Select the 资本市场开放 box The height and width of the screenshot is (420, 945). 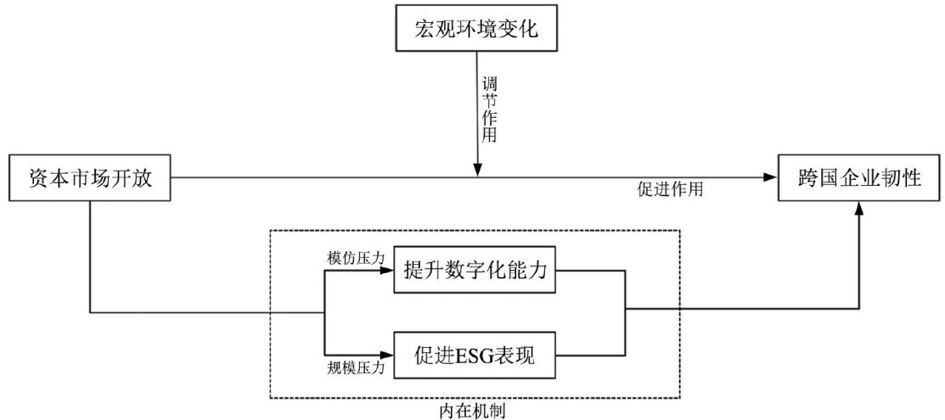pyautogui.click(x=90, y=178)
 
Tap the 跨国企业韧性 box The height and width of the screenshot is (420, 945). pyautogui.click(x=860, y=178)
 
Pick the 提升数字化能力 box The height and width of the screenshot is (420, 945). pyautogui.click(x=475, y=273)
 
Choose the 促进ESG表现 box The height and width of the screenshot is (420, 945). pyautogui.click(x=475, y=355)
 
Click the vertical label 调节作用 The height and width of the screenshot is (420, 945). pyautogui.click(x=489, y=109)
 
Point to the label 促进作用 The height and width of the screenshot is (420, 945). pyautogui.click(x=669, y=191)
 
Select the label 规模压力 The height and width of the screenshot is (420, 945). pyautogui.click(x=357, y=367)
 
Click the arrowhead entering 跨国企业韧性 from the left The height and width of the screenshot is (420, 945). pyautogui.click(x=771, y=177)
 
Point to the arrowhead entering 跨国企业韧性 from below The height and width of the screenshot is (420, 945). pyautogui.click(x=860, y=208)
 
